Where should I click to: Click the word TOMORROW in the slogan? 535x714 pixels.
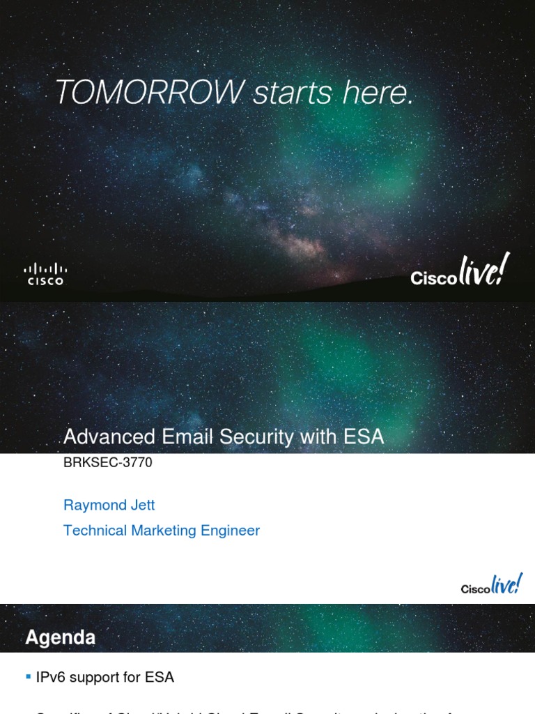coord(150,92)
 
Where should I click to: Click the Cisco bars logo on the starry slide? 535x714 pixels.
coord(45,273)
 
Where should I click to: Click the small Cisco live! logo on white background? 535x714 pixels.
coord(491,585)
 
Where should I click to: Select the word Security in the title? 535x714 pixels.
coord(263,437)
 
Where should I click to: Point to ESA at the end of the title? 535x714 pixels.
coord(362,437)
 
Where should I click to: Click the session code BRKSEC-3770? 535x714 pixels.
coord(107,462)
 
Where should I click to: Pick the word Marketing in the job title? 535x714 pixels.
coord(164,531)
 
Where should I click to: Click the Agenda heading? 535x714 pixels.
coord(61,637)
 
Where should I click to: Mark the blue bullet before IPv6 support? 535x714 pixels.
coord(28,676)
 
